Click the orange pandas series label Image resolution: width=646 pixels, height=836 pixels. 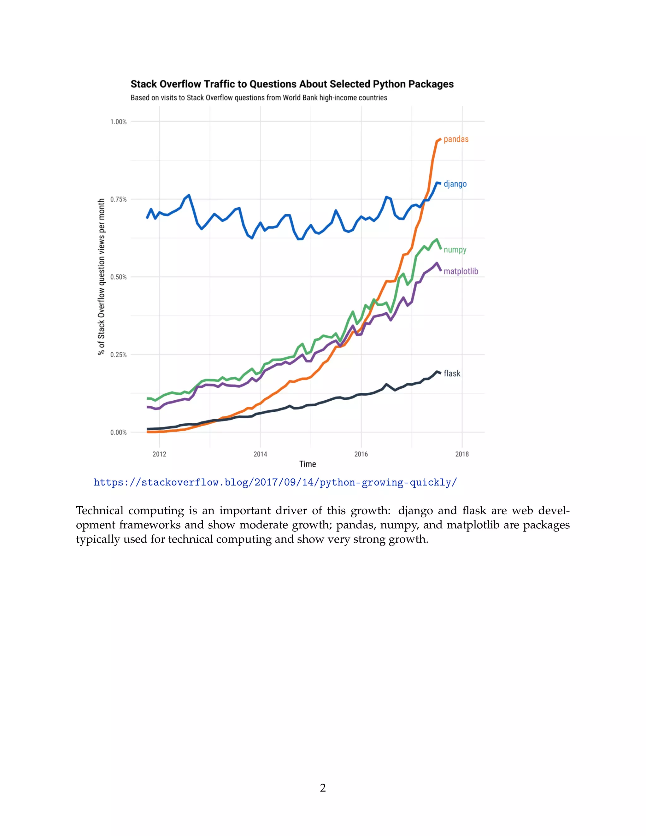[456, 139]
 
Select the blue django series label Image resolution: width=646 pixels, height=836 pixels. [455, 184]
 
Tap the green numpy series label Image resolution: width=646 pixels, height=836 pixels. [455, 250]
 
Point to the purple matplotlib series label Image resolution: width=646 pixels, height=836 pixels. [461, 271]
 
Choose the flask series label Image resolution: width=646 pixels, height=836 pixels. [452, 374]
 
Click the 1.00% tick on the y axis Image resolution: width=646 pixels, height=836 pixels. [118, 122]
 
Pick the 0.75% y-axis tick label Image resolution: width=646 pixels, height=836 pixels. [118, 199]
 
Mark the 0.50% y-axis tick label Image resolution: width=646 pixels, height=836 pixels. [118, 277]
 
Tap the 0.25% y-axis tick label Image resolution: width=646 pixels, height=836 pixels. [118, 355]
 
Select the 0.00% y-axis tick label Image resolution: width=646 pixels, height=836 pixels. [118, 433]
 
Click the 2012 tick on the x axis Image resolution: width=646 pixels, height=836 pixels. [159, 454]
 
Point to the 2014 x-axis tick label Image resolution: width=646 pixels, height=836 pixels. [260, 454]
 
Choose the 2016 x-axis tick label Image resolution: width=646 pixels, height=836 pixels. [361, 454]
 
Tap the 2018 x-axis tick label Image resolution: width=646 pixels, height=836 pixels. [462, 454]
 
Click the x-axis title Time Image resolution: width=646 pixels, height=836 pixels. [308, 464]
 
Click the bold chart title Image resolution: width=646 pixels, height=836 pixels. [292, 84]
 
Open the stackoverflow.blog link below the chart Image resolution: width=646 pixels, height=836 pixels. [275, 482]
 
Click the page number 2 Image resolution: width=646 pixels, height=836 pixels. [323, 788]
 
